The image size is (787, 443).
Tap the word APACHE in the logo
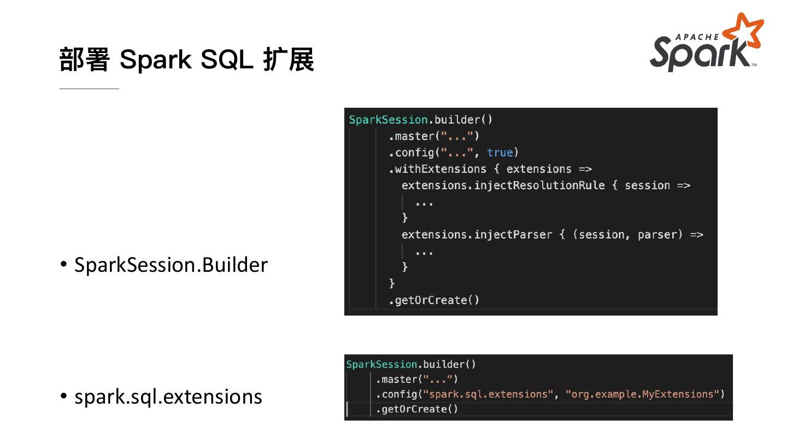(x=697, y=37)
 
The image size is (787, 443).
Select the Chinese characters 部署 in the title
(x=85, y=59)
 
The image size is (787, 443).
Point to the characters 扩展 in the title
(x=289, y=59)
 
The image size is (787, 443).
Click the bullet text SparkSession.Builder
(x=171, y=265)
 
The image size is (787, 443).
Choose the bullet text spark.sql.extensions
(x=168, y=397)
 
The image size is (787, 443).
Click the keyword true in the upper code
(x=500, y=153)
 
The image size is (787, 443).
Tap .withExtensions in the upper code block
(x=437, y=169)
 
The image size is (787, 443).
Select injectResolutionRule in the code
(x=539, y=185)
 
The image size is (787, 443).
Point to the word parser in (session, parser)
(x=660, y=235)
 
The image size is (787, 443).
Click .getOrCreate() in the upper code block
(x=434, y=300)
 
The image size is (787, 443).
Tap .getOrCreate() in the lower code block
(x=416, y=409)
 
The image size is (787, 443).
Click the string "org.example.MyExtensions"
(x=643, y=394)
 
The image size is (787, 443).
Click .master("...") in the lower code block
(x=416, y=379)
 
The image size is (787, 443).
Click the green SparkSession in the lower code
(x=381, y=364)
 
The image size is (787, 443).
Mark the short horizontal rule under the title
(x=89, y=88)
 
